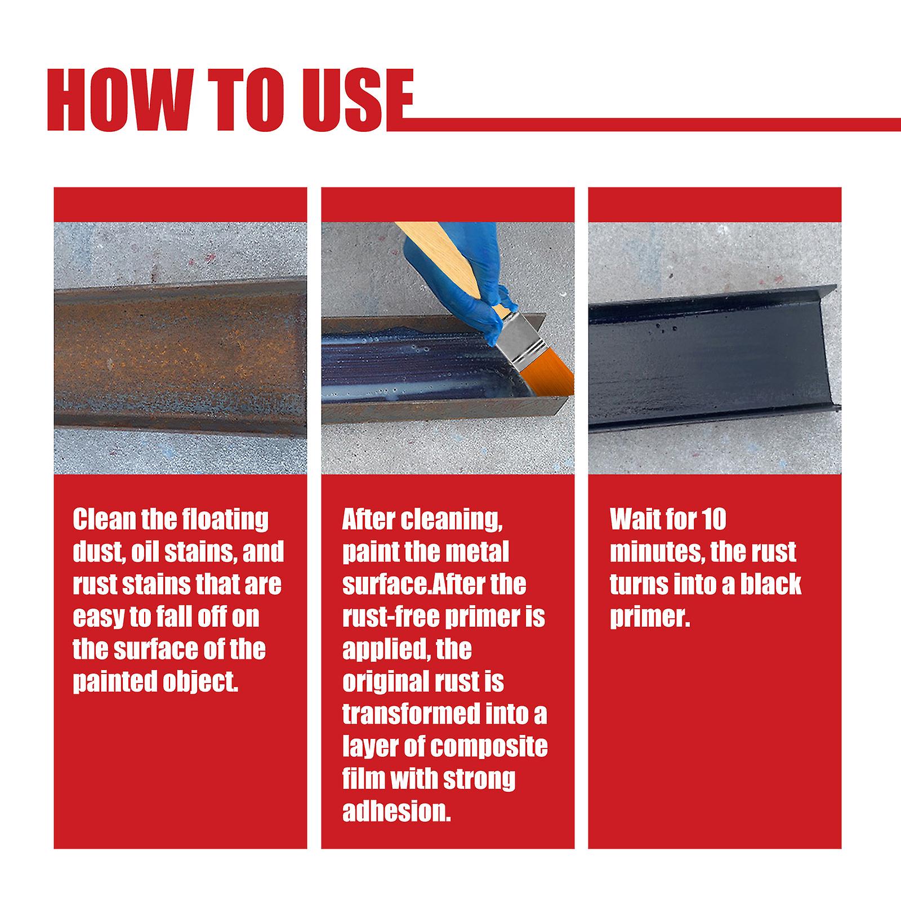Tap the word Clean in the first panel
[104, 519]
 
